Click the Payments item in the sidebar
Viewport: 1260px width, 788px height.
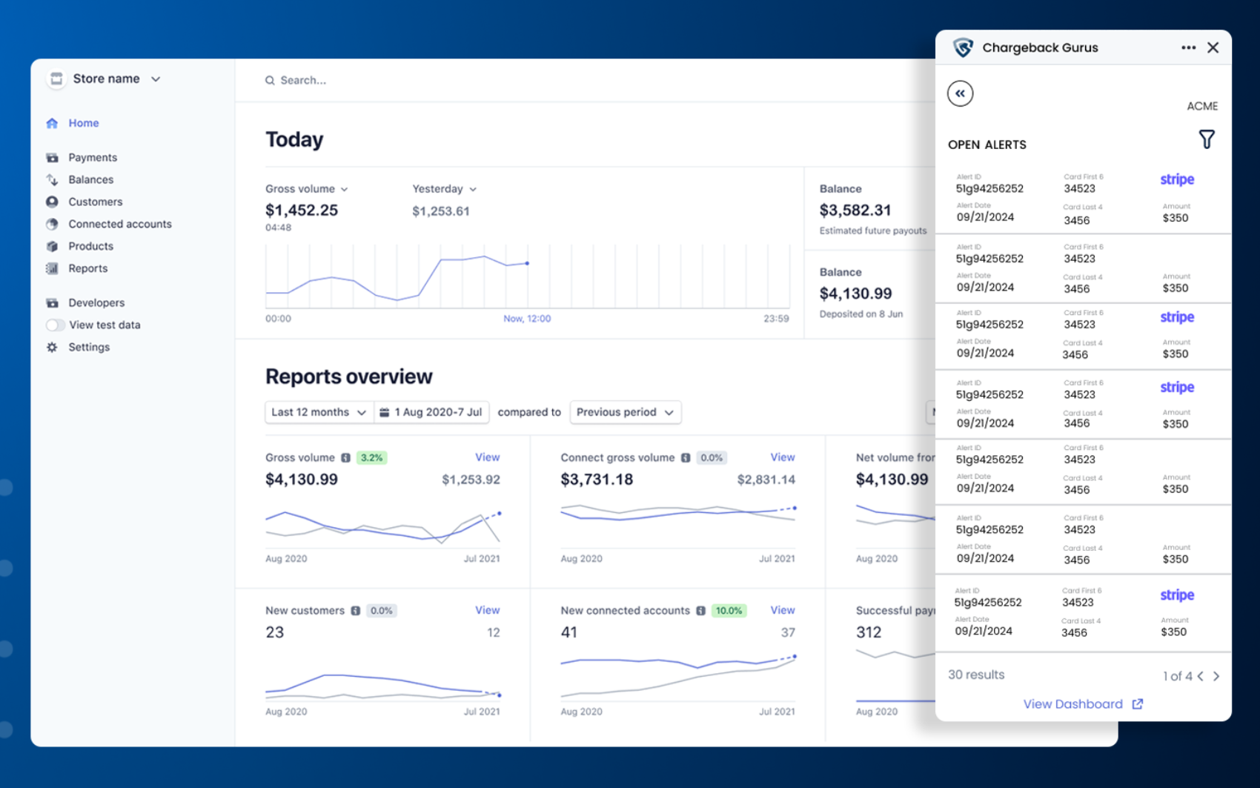pyautogui.click(x=92, y=157)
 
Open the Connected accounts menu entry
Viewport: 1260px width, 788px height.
pyautogui.click(x=119, y=224)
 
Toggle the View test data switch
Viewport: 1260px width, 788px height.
pyautogui.click(x=55, y=325)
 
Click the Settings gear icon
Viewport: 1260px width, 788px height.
pyautogui.click(x=52, y=347)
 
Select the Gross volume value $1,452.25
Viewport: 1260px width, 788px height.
pyautogui.click(x=301, y=211)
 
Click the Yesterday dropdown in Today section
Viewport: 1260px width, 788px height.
pyautogui.click(x=444, y=189)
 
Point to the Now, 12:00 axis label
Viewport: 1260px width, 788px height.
pyautogui.click(x=526, y=319)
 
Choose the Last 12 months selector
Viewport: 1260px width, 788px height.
pyautogui.click(x=318, y=412)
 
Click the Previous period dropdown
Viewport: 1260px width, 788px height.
pyautogui.click(x=625, y=412)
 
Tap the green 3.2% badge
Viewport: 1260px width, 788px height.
pyautogui.click(x=371, y=457)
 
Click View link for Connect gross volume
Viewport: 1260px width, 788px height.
pyautogui.click(x=782, y=457)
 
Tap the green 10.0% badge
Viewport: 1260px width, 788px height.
pyautogui.click(x=729, y=611)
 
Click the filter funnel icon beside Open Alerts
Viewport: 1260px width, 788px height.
pyautogui.click(x=1206, y=139)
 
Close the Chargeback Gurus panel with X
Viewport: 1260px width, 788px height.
pyautogui.click(x=1213, y=47)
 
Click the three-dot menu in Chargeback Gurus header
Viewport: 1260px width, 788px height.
pyautogui.click(x=1188, y=47)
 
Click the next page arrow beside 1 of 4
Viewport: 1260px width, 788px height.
pyautogui.click(x=1216, y=676)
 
